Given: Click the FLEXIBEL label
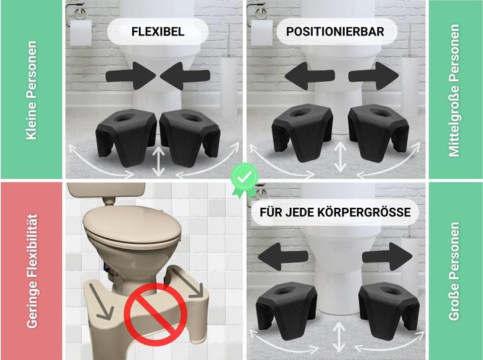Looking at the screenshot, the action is click(158, 32).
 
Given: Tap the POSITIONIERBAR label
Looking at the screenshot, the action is click(335, 32).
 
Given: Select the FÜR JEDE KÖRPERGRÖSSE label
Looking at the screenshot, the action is click(335, 213).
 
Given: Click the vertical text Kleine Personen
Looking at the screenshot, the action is click(32, 91).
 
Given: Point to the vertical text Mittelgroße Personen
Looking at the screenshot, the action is click(453, 91).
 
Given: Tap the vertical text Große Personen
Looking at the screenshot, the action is click(453, 272).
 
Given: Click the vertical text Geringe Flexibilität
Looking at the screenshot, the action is click(32, 272).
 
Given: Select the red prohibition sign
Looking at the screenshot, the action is click(156, 314).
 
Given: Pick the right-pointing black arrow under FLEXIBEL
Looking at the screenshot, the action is click(131, 76).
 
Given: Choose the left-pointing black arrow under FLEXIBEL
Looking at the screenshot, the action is click(185, 76).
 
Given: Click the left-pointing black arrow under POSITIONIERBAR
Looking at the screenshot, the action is click(309, 76).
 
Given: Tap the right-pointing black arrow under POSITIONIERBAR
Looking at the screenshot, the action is click(374, 76).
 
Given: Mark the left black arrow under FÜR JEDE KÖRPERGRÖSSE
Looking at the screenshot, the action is click(283, 257).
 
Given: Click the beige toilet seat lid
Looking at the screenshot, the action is click(132, 224).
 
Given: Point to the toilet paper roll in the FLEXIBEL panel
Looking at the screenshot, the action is click(80, 33).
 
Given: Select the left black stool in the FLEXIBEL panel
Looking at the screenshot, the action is click(126, 136).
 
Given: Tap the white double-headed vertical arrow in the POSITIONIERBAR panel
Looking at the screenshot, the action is click(340, 157).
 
